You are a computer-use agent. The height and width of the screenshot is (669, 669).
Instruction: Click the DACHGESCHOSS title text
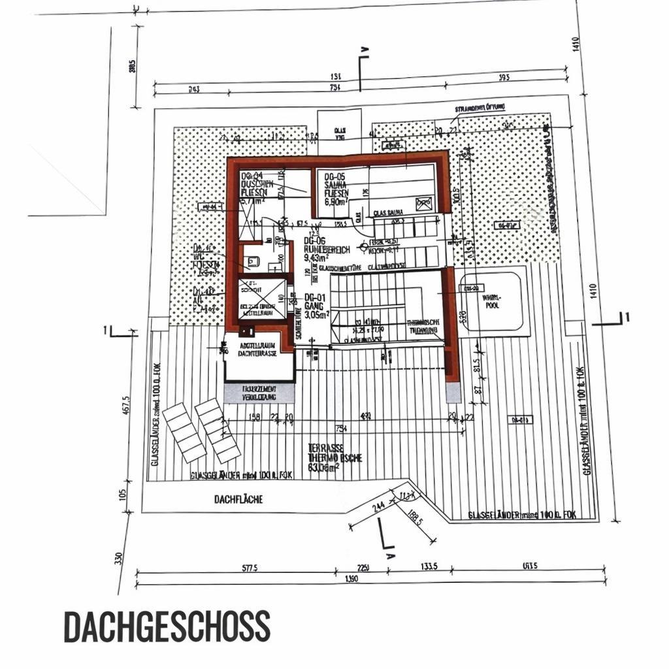167,627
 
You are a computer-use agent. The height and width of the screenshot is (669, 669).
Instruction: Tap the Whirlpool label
492,301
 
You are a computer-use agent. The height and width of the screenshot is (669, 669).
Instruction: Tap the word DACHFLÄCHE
238,500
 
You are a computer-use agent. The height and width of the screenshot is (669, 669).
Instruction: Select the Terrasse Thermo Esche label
335,457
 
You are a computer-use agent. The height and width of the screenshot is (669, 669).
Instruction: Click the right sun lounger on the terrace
217,429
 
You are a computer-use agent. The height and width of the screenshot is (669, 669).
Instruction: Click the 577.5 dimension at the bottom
249,568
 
